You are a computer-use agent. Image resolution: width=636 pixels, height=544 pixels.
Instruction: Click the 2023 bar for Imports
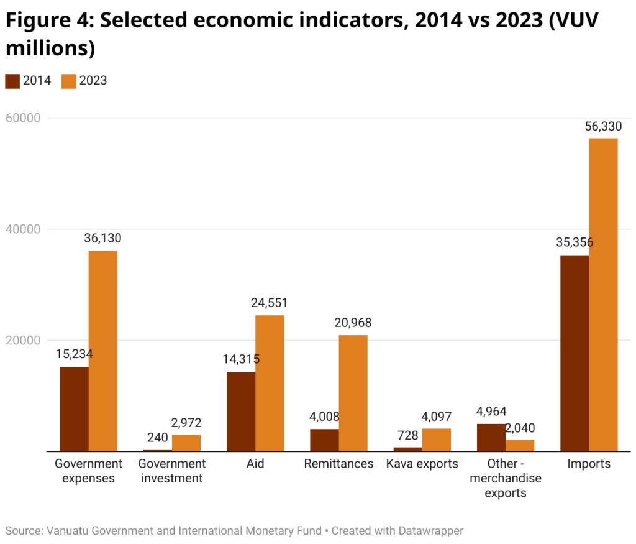603,295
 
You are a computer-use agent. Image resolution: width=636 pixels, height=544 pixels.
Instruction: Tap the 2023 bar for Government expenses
102,351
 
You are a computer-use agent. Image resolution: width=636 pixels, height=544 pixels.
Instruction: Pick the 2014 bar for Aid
240,412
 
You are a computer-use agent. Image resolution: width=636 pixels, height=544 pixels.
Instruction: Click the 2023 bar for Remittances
353,393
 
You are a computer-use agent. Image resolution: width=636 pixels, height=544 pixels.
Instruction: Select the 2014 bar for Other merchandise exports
491,438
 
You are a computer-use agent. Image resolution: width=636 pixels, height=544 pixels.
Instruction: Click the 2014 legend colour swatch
12,81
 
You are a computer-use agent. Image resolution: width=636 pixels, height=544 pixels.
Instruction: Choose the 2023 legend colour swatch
69,81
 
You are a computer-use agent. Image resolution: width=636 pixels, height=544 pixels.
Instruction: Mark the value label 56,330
603,127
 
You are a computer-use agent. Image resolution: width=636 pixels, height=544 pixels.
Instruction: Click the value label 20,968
353,323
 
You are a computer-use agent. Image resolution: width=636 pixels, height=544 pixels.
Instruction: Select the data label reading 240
157,437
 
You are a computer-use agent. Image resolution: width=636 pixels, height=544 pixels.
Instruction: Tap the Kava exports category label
422,464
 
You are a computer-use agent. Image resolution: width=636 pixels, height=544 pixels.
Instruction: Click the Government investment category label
172,471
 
